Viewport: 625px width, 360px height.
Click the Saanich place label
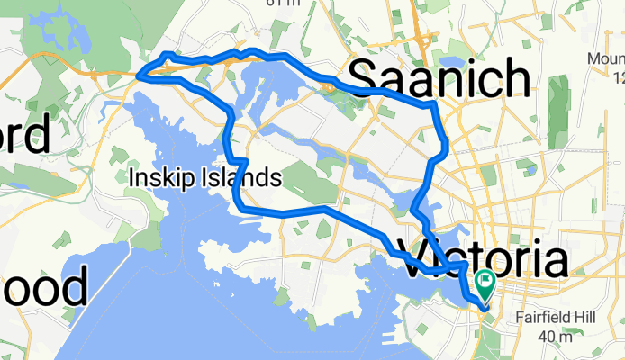click(439, 77)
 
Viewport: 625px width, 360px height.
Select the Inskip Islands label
click(204, 177)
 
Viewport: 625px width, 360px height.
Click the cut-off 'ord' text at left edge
click(24, 136)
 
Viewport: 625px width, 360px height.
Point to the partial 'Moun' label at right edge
click(605, 59)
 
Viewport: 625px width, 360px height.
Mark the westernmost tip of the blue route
click(139, 77)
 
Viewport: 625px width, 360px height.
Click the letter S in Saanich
click(362, 78)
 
